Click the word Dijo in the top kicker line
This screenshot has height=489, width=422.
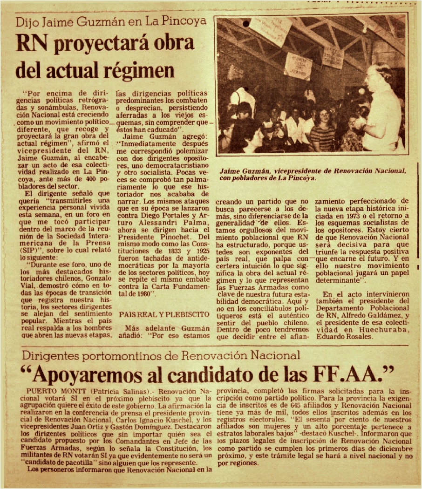27,22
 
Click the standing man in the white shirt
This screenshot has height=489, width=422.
383,109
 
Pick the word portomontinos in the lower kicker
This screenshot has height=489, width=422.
111,356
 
